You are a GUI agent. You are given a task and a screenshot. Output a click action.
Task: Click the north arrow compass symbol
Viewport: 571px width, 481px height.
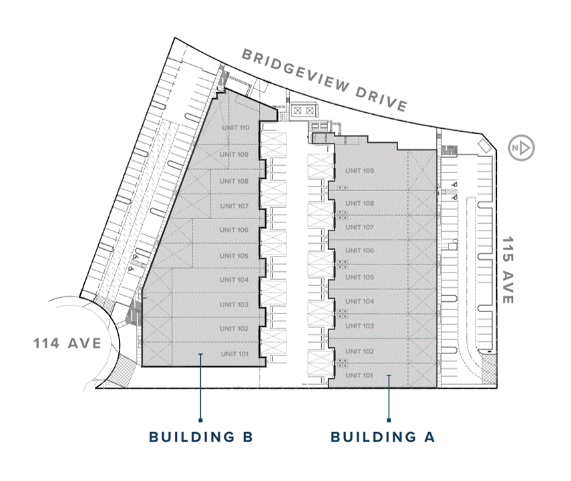point(521,148)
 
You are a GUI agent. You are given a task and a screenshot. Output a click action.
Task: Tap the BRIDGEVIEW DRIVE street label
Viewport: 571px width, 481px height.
point(325,81)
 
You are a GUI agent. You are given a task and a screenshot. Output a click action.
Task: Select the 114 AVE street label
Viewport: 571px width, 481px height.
point(67,343)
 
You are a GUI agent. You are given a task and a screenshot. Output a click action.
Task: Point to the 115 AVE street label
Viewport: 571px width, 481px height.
point(508,270)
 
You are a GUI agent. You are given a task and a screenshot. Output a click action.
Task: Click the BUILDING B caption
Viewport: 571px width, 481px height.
point(201,436)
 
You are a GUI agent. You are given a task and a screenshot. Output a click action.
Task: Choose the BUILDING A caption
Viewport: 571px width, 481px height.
point(383,436)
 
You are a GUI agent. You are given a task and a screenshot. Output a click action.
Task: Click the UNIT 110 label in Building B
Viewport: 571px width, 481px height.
point(236,128)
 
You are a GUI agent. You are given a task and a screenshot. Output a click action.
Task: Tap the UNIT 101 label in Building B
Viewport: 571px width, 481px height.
point(234,354)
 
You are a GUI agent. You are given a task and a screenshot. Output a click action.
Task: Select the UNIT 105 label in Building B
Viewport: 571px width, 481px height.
point(234,256)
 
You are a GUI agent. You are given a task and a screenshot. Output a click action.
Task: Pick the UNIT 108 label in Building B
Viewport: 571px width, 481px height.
point(234,181)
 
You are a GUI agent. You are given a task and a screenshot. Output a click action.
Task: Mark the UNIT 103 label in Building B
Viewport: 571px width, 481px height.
point(234,304)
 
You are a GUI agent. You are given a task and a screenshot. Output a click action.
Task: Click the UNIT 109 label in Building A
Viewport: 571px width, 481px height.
point(360,170)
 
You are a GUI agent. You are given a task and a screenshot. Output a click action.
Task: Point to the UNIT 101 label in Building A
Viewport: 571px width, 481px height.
point(359,375)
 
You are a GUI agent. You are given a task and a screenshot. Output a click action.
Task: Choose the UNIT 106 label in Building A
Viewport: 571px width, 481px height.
point(360,251)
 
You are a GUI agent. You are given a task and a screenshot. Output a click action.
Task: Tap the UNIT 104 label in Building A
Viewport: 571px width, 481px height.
point(360,301)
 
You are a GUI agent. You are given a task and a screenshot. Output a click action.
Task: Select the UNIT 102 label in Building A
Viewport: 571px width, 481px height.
point(360,351)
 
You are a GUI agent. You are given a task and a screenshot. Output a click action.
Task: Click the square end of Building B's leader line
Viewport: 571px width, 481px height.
point(200,420)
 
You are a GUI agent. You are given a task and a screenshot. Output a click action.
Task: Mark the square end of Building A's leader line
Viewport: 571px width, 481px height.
point(389,420)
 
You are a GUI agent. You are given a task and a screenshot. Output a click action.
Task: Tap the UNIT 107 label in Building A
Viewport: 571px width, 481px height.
point(359,227)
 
